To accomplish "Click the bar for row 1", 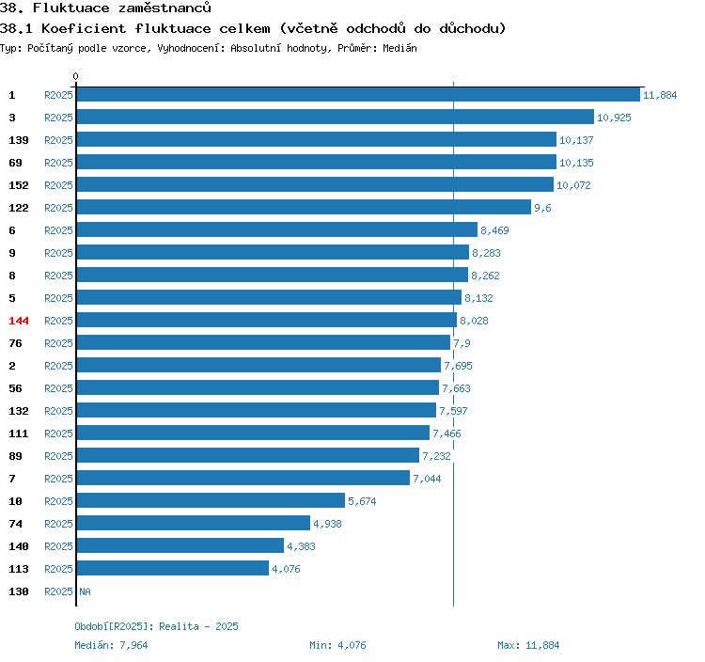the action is click(358, 94).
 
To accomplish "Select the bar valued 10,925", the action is click(336, 117).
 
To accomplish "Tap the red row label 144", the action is click(19, 321).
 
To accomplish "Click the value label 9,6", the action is click(542, 208).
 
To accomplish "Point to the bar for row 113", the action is click(173, 568).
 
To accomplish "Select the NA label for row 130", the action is click(85, 591).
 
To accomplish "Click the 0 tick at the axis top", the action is click(75, 76).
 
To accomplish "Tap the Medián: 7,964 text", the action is click(111, 645).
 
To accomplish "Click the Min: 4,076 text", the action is click(337, 645).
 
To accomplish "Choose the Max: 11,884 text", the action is click(528, 645).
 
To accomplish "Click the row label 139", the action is click(19, 140).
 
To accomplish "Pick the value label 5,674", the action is click(362, 501).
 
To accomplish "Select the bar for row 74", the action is click(194, 523).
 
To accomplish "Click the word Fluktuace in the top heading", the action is click(71, 8).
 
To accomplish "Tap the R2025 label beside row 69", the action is click(58, 163).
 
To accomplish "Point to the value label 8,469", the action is click(494, 230).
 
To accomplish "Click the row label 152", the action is click(19, 185).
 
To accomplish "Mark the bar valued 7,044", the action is click(243, 478).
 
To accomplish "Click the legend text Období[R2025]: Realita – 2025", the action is click(156, 626).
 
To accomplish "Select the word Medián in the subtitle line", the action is click(399, 48).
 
